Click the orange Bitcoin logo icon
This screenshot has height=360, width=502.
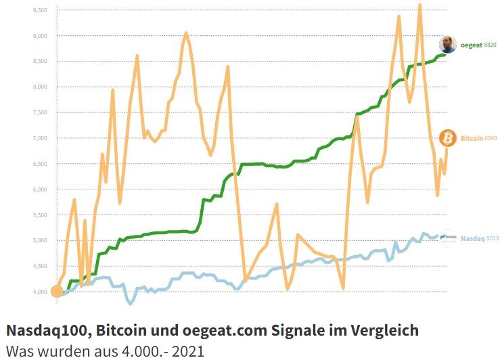pos(448,138)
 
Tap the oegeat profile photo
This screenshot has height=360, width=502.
pos(448,45)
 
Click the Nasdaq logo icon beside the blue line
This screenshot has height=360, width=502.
pos(448,237)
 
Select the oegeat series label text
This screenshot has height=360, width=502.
pos(471,45)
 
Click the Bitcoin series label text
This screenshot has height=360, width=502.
pos(472,138)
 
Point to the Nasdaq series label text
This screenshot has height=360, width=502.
pos(472,238)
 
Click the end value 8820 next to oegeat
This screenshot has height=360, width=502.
pos(490,45)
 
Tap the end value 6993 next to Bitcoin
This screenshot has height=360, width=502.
pos(490,138)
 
